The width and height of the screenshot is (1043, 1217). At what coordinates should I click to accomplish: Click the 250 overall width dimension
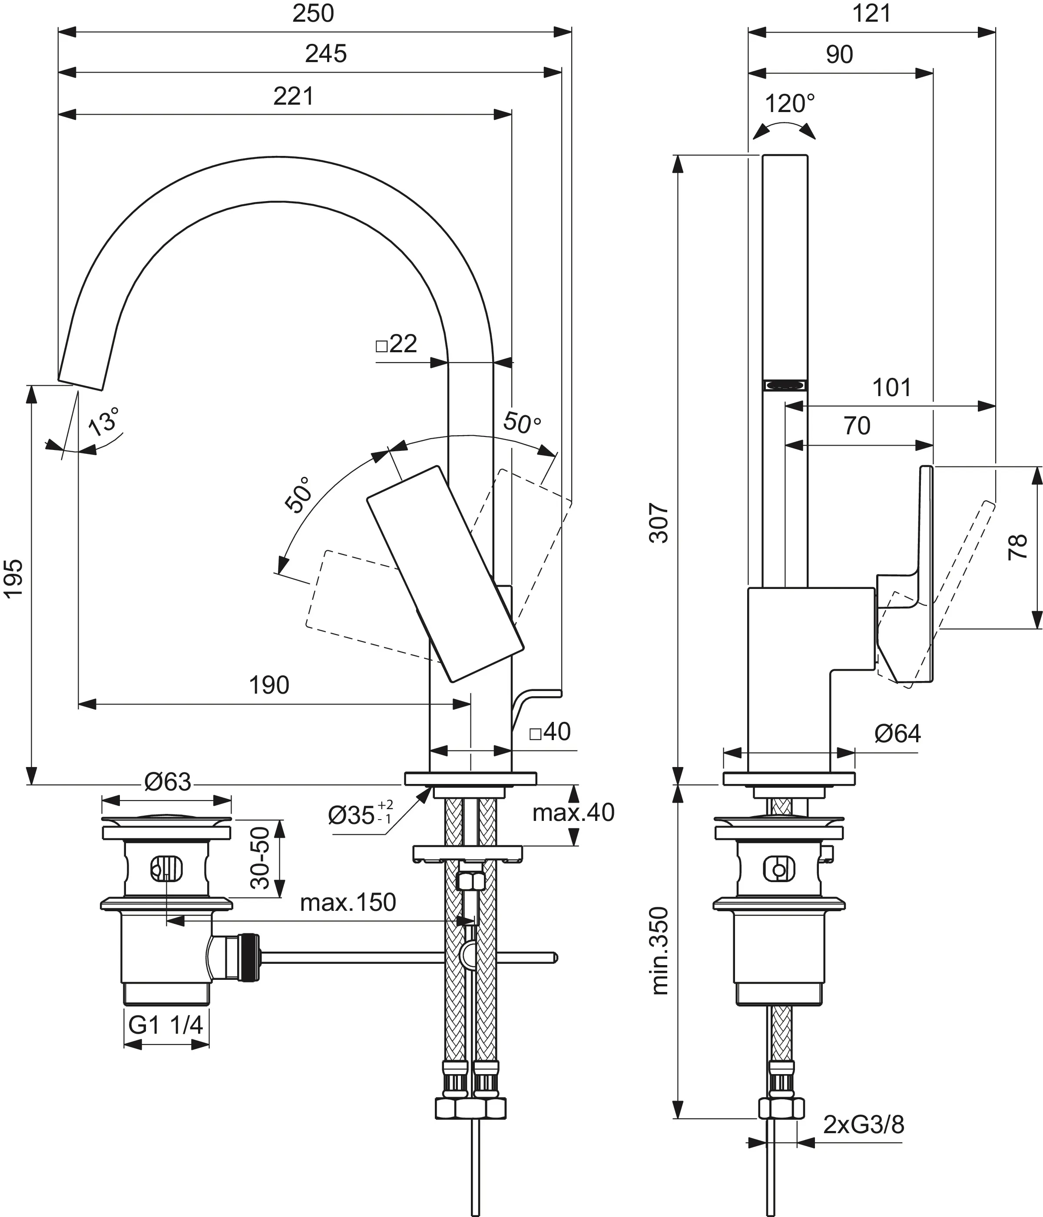pyautogui.click(x=313, y=13)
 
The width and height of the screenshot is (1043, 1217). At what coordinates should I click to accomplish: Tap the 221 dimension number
pyautogui.click(x=293, y=96)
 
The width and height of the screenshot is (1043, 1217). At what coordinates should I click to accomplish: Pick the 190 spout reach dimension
pyautogui.click(x=269, y=685)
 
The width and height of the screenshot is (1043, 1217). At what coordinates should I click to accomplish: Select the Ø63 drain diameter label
pyautogui.click(x=168, y=782)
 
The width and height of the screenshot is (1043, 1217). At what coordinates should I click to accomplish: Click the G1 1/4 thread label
pyautogui.click(x=166, y=1025)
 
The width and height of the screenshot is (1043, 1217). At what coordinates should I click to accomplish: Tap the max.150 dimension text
pyautogui.click(x=348, y=903)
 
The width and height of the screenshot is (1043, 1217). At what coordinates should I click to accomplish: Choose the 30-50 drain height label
pyautogui.click(x=260, y=858)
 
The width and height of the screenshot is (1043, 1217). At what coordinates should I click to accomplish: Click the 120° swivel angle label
pyautogui.click(x=789, y=104)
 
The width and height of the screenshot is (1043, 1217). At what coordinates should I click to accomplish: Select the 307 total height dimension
pyautogui.click(x=660, y=523)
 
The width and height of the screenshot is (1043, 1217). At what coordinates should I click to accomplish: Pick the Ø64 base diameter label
pyautogui.click(x=897, y=734)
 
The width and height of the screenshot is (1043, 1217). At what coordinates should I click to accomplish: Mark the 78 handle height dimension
pyautogui.click(x=1017, y=546)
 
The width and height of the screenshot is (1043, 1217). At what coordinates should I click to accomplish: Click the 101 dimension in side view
pyautogui.click(x=891, y=388)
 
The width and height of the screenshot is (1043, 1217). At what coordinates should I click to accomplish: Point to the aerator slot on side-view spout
pyautogui.click(x=785, y=385)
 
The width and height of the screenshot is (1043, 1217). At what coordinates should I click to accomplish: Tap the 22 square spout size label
pyautogui.click(x=397, y=344)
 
